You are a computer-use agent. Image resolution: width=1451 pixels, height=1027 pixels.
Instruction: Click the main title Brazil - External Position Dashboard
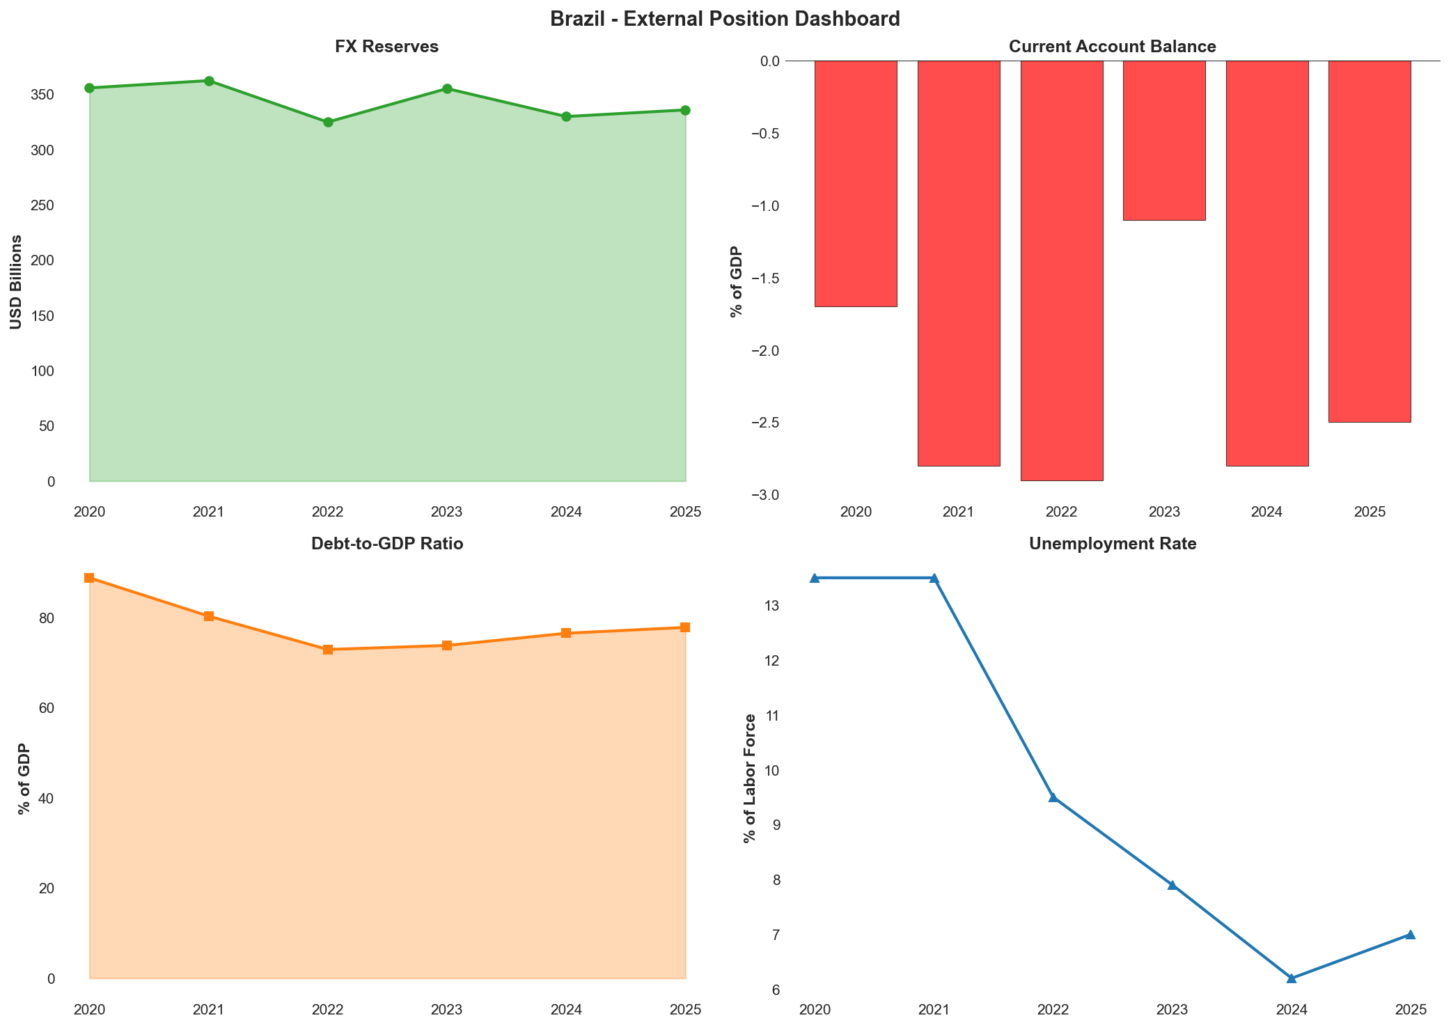coord(725,19)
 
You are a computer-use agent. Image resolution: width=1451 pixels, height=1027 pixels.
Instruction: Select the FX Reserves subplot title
coord(386,47)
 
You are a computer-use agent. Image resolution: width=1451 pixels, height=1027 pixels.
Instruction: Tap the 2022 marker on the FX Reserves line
coord(328,123)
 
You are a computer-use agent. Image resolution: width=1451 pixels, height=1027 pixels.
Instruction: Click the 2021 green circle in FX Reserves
coord(209,81)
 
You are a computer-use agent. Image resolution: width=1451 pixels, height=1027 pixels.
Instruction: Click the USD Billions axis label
coord(16,282)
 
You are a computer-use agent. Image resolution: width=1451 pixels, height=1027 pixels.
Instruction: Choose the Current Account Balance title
coord(1112,47)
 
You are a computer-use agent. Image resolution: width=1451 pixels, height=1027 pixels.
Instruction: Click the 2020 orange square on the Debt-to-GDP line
coord(89,578)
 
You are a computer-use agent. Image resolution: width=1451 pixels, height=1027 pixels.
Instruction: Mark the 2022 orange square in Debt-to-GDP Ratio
coord(328,650)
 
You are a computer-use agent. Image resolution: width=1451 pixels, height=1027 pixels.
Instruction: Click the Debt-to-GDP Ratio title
coord(386,544)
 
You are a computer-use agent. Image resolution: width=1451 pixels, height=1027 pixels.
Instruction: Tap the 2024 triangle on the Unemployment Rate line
coord(1292,978)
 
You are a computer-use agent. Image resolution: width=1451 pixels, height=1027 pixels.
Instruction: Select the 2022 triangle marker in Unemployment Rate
coord(1053,797)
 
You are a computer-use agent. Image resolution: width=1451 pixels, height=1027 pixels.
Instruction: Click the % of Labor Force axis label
coord(750,778)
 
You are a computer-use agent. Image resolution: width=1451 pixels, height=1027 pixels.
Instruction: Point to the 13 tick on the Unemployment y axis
coord(771,606)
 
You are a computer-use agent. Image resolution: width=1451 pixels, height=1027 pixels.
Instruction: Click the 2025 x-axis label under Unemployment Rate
coord(1410,1010)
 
